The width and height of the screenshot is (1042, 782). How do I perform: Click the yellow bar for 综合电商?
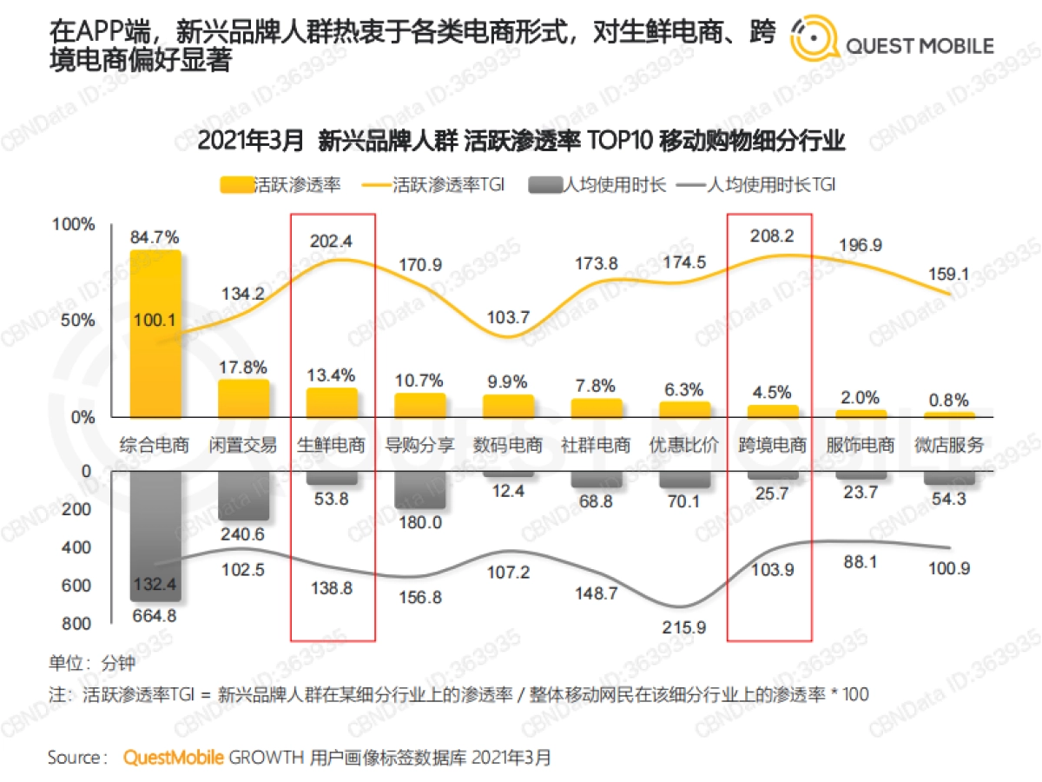click(x=155, y=335)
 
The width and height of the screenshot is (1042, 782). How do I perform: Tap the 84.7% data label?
click(x=155, y=236)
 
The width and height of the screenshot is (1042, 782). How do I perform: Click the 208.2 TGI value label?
click(x=769, y=235)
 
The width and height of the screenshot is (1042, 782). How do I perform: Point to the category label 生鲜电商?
click(x=331, y=446)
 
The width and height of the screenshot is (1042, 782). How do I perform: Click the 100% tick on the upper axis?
click(x=74, y=225)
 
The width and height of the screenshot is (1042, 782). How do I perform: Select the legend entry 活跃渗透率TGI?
click(x=448, y=184)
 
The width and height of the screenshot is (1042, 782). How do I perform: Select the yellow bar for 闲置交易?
click(x=243, y=399)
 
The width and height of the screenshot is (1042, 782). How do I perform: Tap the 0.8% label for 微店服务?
click(x=948, y=401)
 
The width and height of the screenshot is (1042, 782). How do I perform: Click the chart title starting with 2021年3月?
click(x=521, y=141)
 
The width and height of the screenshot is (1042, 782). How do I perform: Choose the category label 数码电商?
click(x=508, y=446)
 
